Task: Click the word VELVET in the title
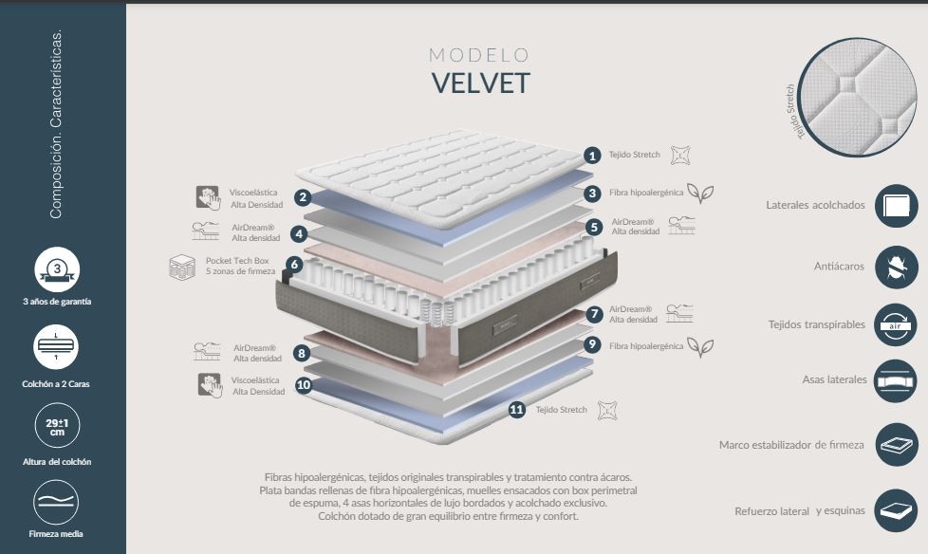pyautogui.click(x=480, y=83)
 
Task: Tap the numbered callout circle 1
pyautogui.click(x=592, y=156)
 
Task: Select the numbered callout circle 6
pyautogui.click(x=295, y=265)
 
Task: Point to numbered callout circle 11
pyautogui.click(x=517, y=410)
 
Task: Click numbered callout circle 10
pyautogui.click(x=304, y=385)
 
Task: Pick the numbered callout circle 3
pyautogui.click(x=592, y=194)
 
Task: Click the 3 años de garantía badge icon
pyautogui.click(x=57, y=270)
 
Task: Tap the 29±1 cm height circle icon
pyautogui.click(x=57, y=426)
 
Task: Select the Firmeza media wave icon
pyautogui.click(x=57, y=503)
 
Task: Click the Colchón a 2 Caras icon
pyautogui.click(x=57, y=347)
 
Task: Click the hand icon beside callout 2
pyautogui.click(x=208, y=197)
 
